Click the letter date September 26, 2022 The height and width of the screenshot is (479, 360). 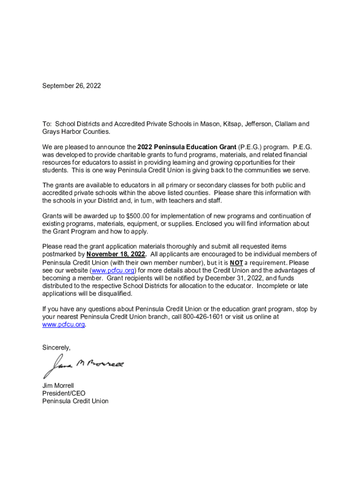pyautogui.click(x=72, y=86)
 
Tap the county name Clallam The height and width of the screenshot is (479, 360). pyautogui.click(x=287, y=124)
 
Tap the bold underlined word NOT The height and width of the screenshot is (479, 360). pyautogui.click(x=236, y=262)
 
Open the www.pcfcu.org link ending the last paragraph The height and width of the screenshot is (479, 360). pyautogui.click(x=64, y=324)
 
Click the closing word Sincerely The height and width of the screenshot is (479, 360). pyautogui.click(x=57, y=348)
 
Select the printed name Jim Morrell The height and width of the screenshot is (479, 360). pyautogui.click(x=58, y=386)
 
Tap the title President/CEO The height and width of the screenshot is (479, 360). pyautogui.click(x=64, y=393)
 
